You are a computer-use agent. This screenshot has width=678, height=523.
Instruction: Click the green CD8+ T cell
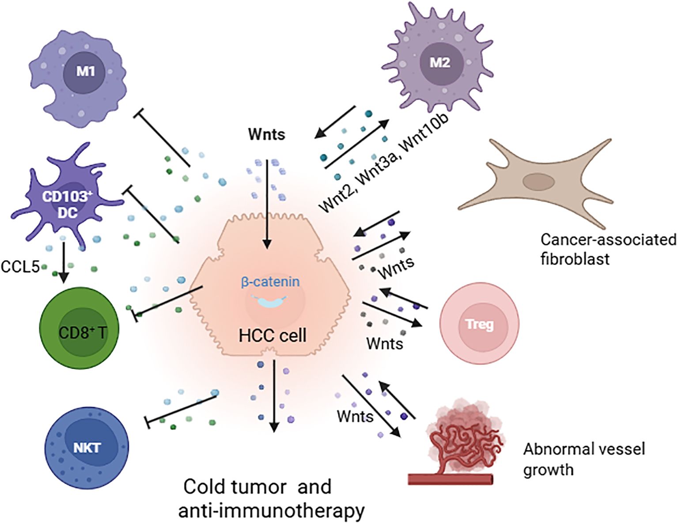click(80, 332)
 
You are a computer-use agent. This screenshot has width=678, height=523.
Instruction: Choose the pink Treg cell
click(480, 324)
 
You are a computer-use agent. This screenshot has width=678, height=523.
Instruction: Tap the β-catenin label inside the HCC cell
click(270, 282)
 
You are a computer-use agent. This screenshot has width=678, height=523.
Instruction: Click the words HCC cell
click(272, 336)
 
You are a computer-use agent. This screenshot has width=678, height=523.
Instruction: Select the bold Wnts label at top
click(266, 134)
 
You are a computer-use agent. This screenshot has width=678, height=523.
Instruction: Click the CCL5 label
click(20, 266)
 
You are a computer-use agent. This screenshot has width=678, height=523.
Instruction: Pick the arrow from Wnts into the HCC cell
click(266, 203)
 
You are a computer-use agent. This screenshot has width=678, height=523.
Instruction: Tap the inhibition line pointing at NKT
click(181, 409)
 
